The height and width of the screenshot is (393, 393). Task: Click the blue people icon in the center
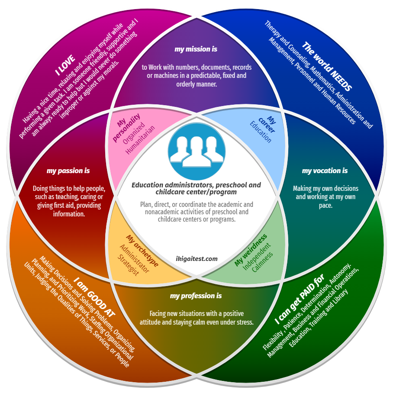(x=196, y=151)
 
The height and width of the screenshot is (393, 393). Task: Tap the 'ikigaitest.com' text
(x=196, y=259)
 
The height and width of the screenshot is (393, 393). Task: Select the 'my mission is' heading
(x=196, y=49)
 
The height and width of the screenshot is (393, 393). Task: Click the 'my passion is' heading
(x=68, y=171)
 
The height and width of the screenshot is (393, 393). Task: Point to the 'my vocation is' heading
(x=325, y=171)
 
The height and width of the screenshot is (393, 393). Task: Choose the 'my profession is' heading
(x=196, y=296)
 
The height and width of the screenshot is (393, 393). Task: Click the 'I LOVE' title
(x=65, y=65)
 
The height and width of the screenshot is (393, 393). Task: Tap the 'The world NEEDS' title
(x=327, y=66)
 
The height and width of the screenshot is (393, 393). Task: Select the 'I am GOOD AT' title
(x=94, y=297)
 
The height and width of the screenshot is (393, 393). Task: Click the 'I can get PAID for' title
(x=299, y=299)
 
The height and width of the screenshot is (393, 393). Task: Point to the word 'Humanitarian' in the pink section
(x=140, y=140)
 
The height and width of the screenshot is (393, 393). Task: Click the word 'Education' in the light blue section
(x=261, y=132)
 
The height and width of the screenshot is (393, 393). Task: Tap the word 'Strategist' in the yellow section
(x=128, y=265)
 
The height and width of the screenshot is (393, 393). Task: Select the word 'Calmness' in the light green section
(x=262, y=262)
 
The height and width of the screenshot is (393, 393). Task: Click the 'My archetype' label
(x=142, y=251)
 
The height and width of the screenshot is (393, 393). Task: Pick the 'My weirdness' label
(x=251, y=250)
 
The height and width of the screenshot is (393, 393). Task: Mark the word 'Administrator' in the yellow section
(x=134, y=258)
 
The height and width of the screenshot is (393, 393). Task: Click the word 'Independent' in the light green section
(x=257, y=256)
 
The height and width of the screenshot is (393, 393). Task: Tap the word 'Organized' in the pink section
(x=134, y=133)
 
